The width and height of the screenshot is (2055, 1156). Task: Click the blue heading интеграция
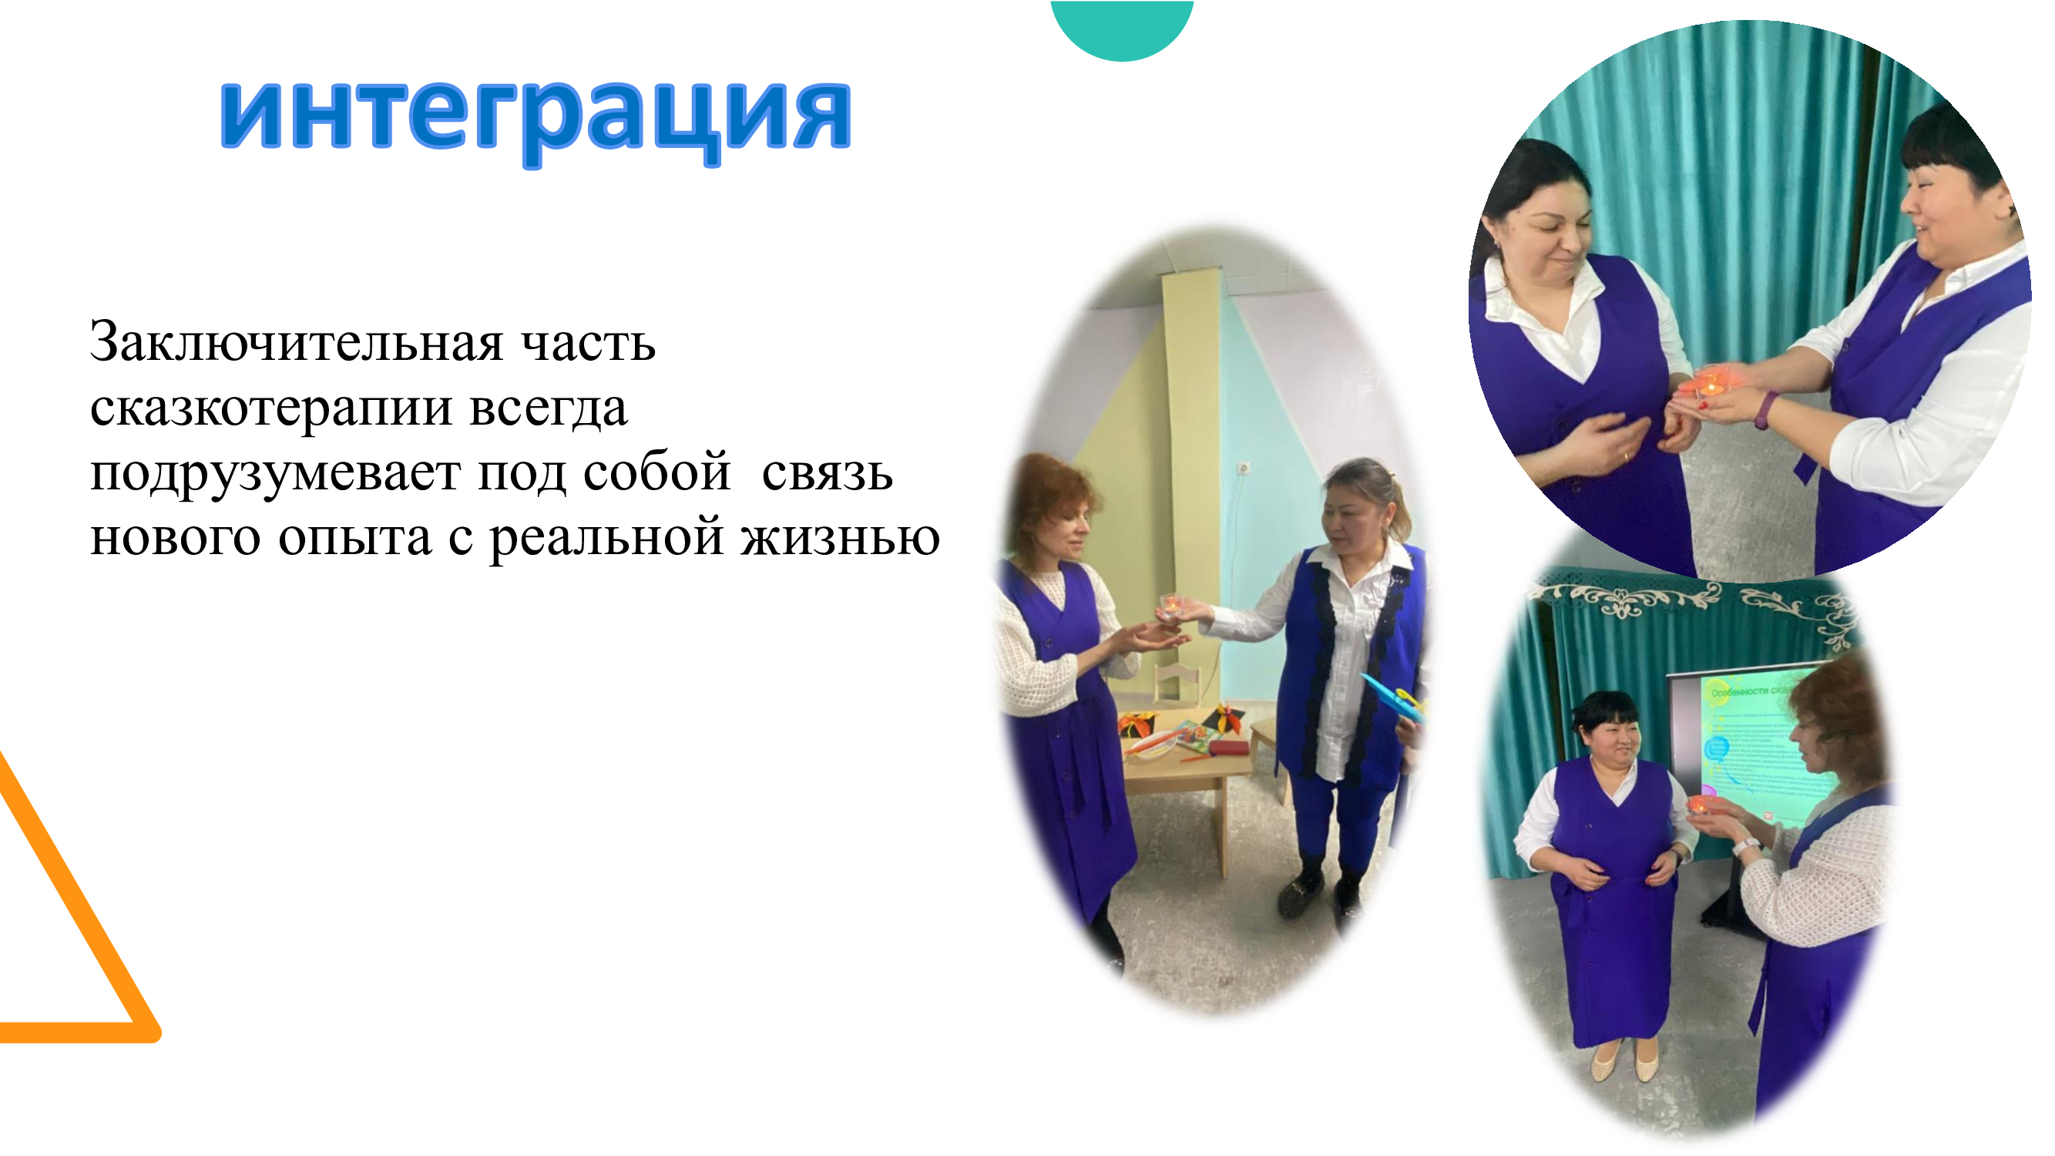point(536,118)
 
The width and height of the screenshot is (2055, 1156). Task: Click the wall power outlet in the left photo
point(1242,467)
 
